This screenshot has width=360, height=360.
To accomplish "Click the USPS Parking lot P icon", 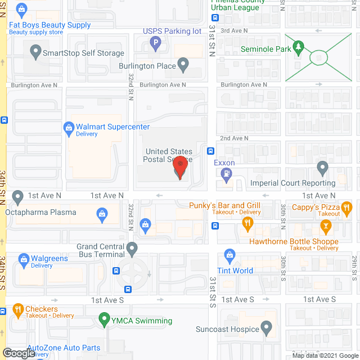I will (x=156, y=42).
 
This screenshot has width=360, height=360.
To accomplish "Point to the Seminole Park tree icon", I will (x=299, y=47).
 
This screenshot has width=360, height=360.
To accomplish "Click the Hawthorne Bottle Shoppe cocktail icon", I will (x=325, y=226).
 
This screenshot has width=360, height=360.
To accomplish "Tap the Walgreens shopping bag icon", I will (x=24, y=259).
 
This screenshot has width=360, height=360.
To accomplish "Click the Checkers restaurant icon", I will (x=17, y=309).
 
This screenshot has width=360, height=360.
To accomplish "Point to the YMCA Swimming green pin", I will (x=104, y=319).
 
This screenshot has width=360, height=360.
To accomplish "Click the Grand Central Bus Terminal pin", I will (x=132, y=248).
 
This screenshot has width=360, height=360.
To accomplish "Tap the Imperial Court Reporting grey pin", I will (x=322, y=168).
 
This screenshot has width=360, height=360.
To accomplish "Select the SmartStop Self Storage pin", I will (x=35, y=53).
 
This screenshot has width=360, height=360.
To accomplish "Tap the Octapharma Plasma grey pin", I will (x=18, y=197).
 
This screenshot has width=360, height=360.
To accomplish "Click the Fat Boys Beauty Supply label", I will (x=49, y=25).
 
